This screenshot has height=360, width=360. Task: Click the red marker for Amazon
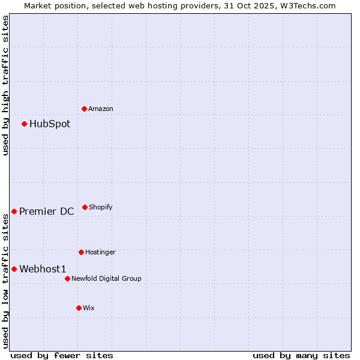coord(85,109)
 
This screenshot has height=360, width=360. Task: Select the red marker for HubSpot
coord(25,124)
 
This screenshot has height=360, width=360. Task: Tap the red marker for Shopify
coord(85,207)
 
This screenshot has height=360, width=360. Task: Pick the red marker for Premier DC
coord(14,211)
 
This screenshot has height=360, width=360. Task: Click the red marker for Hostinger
coord(82,252)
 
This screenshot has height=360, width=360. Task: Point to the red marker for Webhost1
coord(14,269)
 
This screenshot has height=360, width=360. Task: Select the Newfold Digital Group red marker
coord(68,278)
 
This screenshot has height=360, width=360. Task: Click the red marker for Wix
coord(79,308)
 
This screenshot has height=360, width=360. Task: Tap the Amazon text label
coord(101,109)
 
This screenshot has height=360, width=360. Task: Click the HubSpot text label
coord(50,124)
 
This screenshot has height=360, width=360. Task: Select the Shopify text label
coord(101,208)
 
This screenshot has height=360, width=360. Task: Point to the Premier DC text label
coord(47,211)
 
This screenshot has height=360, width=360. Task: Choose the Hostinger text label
coord(100,253)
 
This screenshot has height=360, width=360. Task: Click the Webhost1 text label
coord(43,269)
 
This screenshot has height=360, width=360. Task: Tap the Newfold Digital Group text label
coord(106,278)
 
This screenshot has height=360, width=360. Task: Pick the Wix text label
coord(89,308)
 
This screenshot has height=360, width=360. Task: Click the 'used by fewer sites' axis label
coord(62,355)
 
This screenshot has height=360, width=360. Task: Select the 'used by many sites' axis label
coord(301,355)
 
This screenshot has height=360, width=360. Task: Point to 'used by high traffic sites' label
coord(5,85)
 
